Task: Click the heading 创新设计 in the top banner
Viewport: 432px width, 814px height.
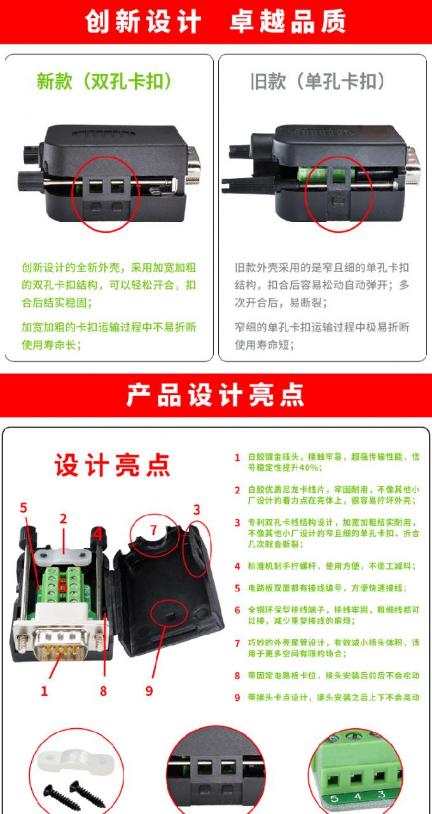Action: tap(143, 21)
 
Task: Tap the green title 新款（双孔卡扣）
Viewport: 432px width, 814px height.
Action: tap(104, 81)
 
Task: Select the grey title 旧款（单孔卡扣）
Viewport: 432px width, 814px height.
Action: tap(317, 81)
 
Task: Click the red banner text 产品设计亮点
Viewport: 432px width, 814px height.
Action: tap(215, 395)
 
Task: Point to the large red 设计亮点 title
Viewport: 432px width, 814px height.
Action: tap(113, 465)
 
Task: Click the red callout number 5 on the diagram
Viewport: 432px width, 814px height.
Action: tap(24, 507)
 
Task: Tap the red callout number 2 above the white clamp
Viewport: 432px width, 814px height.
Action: tap(63, 518)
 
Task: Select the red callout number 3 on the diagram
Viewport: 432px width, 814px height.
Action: tap(197, 510)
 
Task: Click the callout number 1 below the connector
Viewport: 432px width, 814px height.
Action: tap(44, 691)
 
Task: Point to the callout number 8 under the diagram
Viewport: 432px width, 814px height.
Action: tap(103, 691)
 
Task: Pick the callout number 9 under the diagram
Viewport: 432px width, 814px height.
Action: tap(149, 691)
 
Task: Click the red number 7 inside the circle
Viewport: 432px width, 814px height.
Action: tap(153, 530)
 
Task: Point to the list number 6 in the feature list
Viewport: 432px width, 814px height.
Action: tap(237, 610)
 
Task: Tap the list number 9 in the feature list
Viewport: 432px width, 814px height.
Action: tap(237, 698)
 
